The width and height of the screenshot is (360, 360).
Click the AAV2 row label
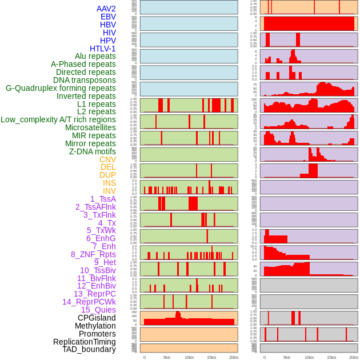[106, 9]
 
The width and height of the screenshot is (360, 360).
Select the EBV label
[108, 17]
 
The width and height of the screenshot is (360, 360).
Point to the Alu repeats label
[95, 56]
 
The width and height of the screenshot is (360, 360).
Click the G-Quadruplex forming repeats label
[61, 88]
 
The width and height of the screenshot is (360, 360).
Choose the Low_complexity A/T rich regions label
[58, 119]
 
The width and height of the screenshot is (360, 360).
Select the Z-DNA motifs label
[93, 151]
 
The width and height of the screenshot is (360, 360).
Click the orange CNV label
[107, 159]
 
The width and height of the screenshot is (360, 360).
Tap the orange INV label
[109, 191]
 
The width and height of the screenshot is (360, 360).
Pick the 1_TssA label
[103, 199]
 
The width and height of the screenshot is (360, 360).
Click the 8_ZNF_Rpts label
[93, 254]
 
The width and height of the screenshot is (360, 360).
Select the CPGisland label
[97, 318]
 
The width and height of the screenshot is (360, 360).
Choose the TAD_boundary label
[89, 349]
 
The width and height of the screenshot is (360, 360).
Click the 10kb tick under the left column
[189, 357]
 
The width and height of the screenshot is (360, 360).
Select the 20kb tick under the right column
[354, 357]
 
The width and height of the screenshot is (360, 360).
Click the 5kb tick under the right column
[287, 357]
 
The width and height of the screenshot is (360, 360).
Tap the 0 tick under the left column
[144, 357]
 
